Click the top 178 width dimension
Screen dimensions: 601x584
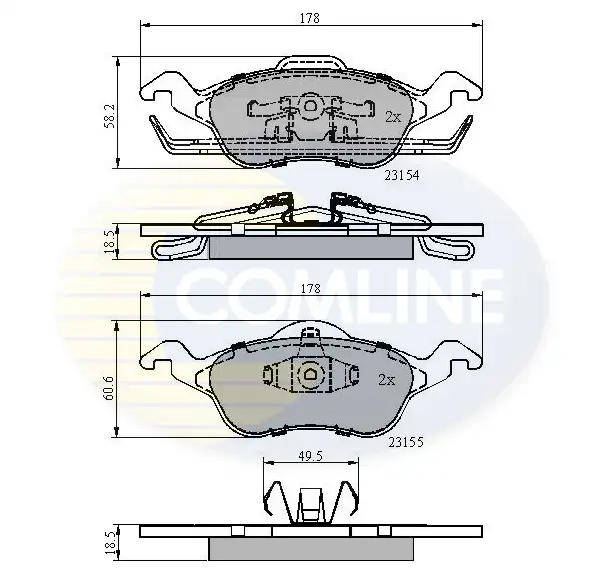(x=310, y=18)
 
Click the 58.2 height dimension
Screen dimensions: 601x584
(x=109, y=114)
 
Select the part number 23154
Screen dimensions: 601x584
(x=402, y=175)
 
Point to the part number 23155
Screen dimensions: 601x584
(x=406, y=442)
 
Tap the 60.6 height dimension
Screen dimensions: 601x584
(x=109, y=387)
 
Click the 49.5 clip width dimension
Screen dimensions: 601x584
(x=310, y=456)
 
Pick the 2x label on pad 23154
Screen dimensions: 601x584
(x=393, y=117)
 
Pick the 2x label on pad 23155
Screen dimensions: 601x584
(x=386, y=380)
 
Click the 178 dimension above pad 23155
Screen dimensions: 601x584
(x=310, y=289)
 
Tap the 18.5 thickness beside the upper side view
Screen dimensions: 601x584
(x=109, y=241)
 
